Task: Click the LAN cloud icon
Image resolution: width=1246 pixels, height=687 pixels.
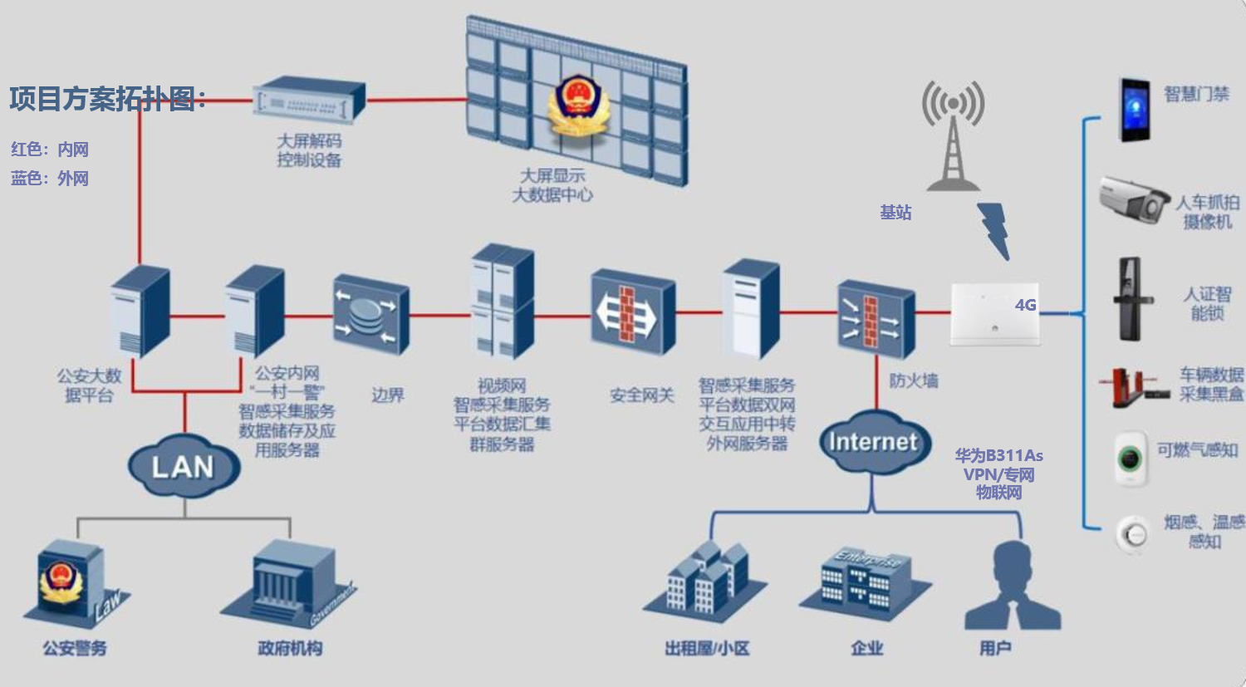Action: [x=184, y=466]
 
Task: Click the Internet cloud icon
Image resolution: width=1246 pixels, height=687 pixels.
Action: [x=872, y=442]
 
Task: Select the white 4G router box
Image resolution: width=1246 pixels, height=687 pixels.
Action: [x=994, y=313]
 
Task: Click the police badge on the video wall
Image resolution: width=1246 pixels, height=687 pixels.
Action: [x=576, y=106]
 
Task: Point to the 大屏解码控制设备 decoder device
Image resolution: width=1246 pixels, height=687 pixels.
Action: [x=308, y=101]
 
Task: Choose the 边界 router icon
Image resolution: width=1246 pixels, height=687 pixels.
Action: [x=370, y=314]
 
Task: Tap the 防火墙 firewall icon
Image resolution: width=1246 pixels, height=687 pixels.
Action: [x=876, y=319]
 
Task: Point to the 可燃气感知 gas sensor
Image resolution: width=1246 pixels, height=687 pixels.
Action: [x=1130, y=458]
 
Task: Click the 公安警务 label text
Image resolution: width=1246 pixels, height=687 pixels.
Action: [x=75, y=648]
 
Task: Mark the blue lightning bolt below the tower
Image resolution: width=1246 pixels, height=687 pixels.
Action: [x=995, y=230]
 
